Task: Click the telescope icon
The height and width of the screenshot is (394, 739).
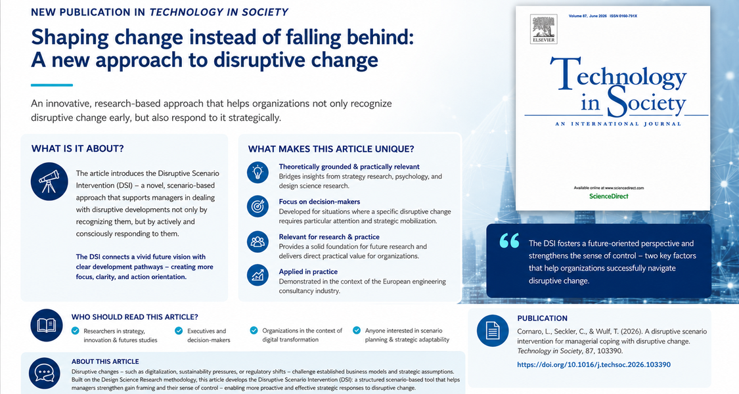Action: (x=49, y=181)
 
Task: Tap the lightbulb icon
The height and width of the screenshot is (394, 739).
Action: (x=258, y=172)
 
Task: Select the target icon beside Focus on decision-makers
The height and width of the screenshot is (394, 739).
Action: (x=258, y=206)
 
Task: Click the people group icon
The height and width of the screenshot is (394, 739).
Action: (x=258, y=242)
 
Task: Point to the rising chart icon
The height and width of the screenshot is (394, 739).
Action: (x=258, y=275)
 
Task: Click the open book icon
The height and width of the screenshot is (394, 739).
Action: (x=47, y=325)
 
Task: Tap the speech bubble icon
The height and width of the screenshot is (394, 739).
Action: (x=44, y=373)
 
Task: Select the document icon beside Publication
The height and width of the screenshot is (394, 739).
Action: (x=493, y=330)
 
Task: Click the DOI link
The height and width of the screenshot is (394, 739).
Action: (x=594, y=364)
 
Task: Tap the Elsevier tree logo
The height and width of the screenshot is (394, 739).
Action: (x=543, y=29)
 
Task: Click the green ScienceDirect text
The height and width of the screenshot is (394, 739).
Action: (x=608, y=196)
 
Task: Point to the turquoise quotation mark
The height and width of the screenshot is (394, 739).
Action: (x=509, y=240)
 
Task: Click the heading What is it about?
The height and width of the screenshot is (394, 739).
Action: (x=78, y=148)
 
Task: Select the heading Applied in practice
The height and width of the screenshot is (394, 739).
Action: (x=308, y=271)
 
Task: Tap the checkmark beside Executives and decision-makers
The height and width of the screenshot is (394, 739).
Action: (x=179, y=331)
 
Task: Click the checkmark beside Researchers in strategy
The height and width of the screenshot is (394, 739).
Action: (x=76, y=331)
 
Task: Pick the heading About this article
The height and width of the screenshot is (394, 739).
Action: (x=105, y=361)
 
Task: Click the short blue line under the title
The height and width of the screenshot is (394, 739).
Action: (x=52, y=85)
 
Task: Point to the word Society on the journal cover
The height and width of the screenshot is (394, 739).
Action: (x=646, y=101)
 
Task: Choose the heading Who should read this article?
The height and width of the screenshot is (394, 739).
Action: (x=135, y=317)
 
